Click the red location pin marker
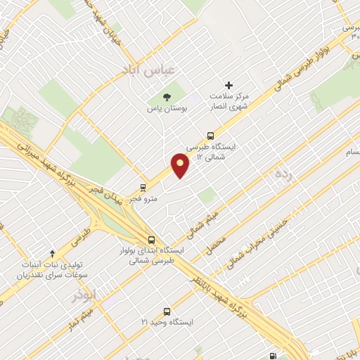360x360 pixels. pos(181,165)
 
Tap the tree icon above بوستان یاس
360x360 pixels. pos(166,97)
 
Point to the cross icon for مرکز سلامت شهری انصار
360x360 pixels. pos(229,85)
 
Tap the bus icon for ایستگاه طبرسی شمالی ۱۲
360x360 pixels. pos(210,136)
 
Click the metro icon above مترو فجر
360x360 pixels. pos(143,188)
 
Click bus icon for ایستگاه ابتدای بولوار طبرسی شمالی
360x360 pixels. pos(152,239)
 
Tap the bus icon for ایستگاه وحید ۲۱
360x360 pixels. pos(167,311)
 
